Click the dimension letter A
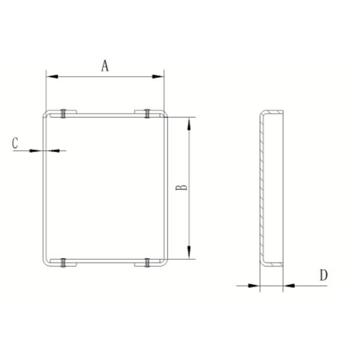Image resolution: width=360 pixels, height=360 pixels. click(x=105, y=65)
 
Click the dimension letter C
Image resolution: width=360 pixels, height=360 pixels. click(x=16, y=143)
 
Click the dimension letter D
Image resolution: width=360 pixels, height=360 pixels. click(x=323, y=275)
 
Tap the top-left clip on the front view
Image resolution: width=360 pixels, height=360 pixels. click(x=64, y=113)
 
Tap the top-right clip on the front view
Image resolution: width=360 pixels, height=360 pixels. click(x=146, y=113)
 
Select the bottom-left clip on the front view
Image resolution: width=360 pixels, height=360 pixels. click(x=64, y=262)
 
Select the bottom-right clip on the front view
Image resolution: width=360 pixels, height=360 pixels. click(x=146, y=262)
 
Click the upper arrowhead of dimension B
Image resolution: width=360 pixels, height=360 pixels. click(x=190, y=123)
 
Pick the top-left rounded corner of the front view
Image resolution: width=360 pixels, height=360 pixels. click(x=46, y=114)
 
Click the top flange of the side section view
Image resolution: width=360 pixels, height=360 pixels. click(x=273, y=113)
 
